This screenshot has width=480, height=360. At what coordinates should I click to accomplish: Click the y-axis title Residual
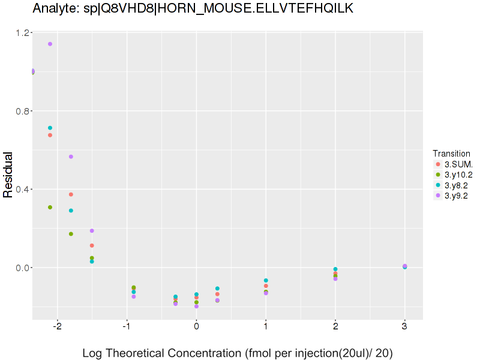(x=8, y=175)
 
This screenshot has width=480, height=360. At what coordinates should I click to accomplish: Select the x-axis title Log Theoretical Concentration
(x=237, y=353)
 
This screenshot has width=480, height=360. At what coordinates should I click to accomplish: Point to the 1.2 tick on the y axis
(x=24, y=32)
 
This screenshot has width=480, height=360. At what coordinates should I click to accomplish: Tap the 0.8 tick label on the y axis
(x=24, y=111)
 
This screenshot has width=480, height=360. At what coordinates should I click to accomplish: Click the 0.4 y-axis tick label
(x=24, y=190)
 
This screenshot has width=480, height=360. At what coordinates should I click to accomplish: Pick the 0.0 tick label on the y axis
(x=24, y=268)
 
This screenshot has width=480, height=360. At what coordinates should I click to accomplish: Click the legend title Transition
(x=451, y=153)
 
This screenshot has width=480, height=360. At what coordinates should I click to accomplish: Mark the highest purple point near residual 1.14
(x=50, y=44)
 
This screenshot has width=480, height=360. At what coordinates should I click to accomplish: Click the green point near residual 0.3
(x=50, y=207)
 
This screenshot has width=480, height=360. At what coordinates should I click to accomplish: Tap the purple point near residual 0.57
(x=71, y=157)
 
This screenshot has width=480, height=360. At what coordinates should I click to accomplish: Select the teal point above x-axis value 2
(x=335, y=269)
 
